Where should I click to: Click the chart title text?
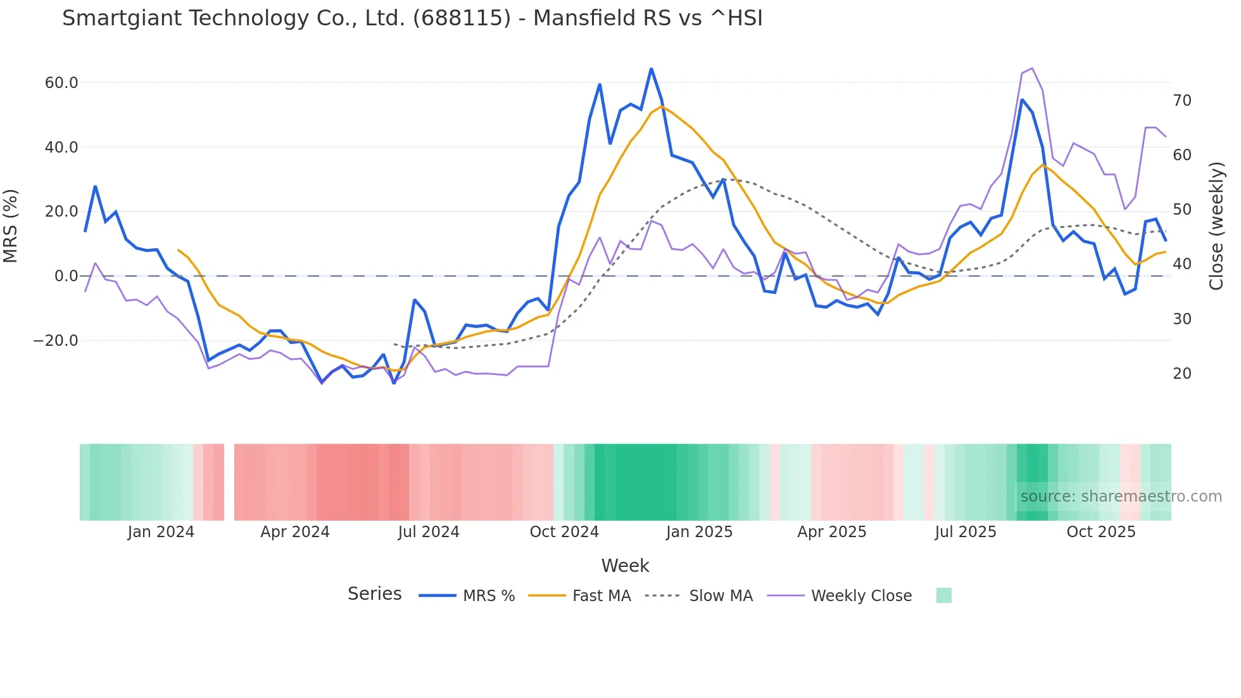[412, 18]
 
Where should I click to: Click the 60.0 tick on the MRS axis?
[61, 83]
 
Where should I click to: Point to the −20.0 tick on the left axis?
[56, 341]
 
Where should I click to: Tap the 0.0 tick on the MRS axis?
[66, 276]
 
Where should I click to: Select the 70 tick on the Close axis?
[1182, 101]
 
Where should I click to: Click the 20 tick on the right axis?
[1182, 374]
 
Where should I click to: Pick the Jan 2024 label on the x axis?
[161, 532]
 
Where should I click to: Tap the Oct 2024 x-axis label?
[564, 532]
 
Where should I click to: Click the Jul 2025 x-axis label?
[966, 532]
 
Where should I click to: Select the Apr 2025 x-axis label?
[832, 532]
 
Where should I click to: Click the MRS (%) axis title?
[11, 226]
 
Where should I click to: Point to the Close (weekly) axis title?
[1216, 226]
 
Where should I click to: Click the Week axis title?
[625, 566]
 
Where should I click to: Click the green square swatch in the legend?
[943, 595]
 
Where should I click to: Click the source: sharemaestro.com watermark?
[1121, 497]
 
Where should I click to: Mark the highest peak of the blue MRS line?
[651, 68]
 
